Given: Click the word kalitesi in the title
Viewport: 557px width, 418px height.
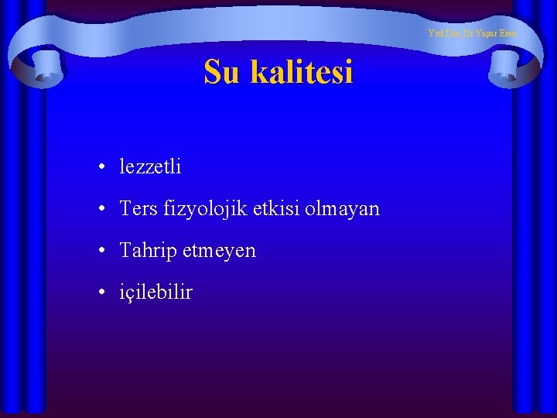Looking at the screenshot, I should (300, 72).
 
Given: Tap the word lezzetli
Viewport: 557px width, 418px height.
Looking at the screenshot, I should (151, 166).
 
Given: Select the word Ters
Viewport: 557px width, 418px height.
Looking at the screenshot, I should (136, 208).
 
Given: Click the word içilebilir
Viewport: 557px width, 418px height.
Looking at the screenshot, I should (156, 293).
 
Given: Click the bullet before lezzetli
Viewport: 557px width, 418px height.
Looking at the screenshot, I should (102, 167).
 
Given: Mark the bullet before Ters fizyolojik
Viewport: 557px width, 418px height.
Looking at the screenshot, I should (102, 209).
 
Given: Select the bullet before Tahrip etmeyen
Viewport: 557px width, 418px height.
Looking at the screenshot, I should (102, 251).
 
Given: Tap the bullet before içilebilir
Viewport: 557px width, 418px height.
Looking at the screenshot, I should (102, 293).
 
